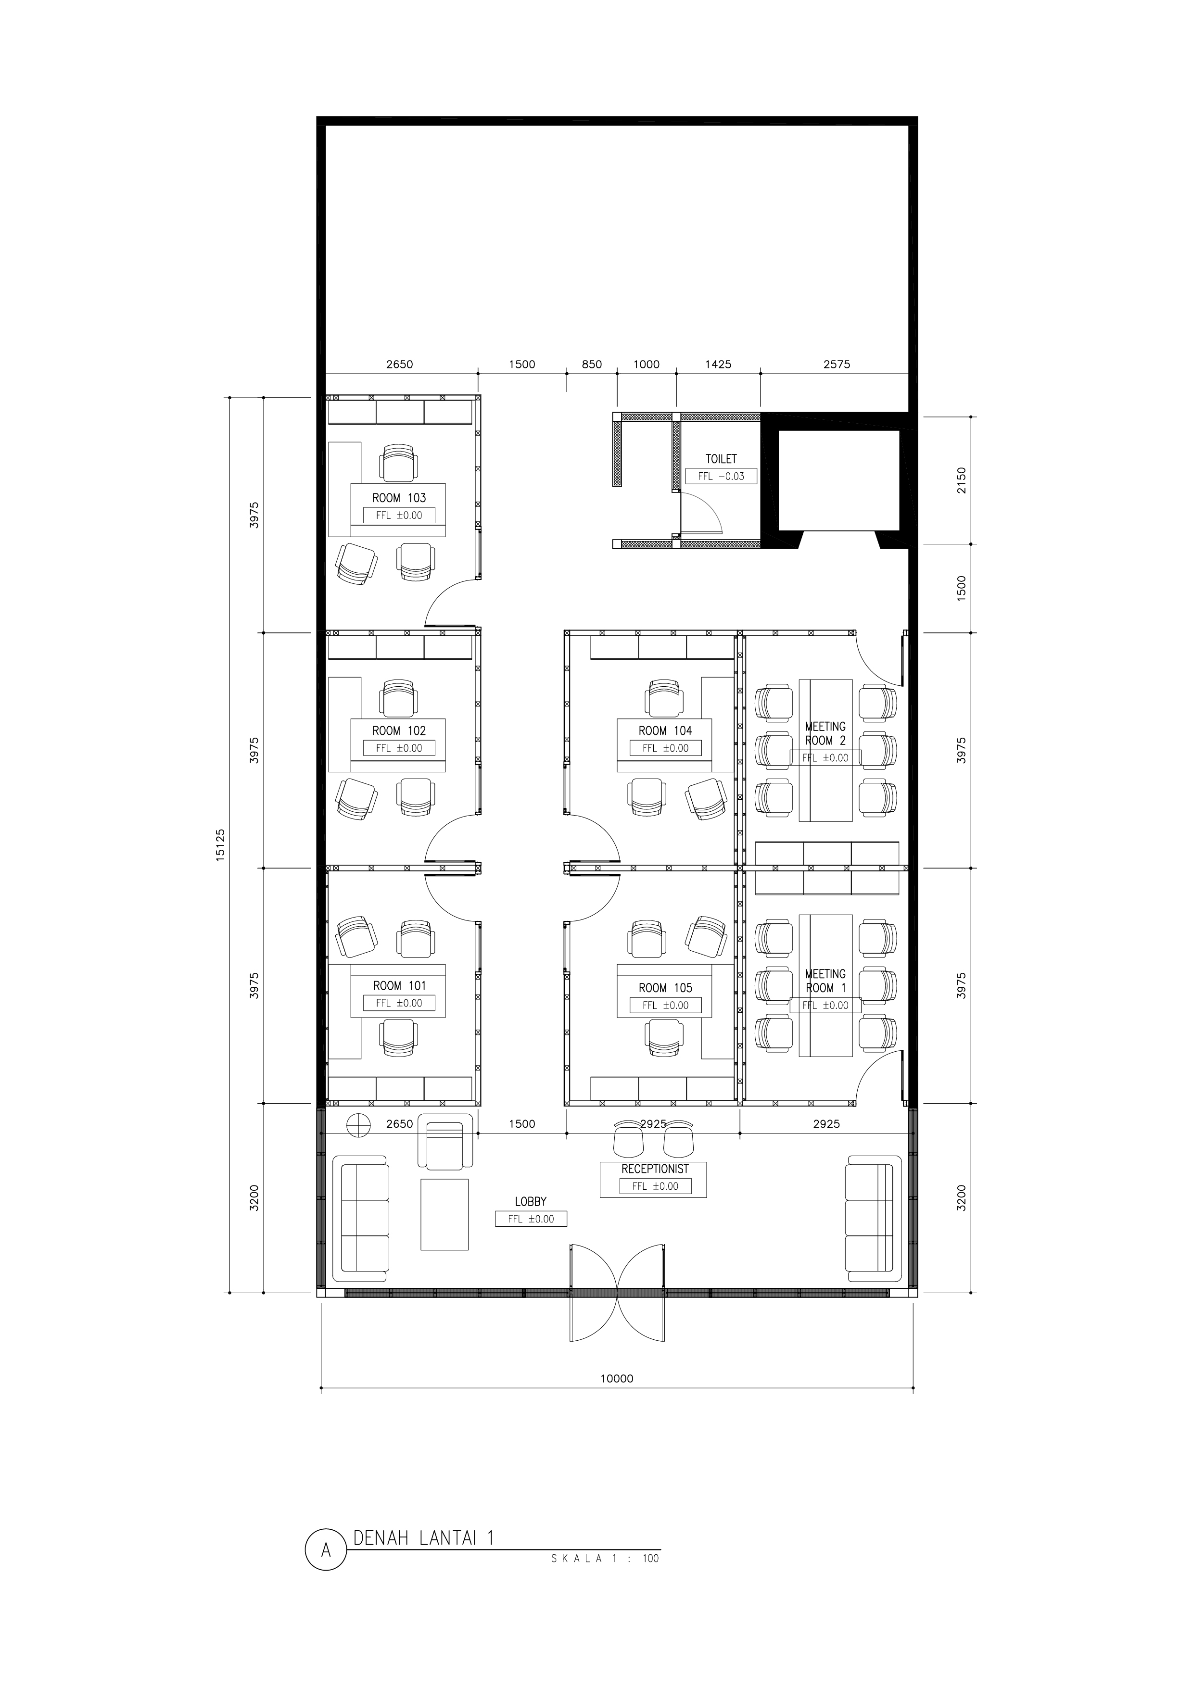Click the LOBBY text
(x=530, y=1201)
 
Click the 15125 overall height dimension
(x=220, y=845)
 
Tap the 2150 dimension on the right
(x=962, y=480)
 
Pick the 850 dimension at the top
(x=591, y=365)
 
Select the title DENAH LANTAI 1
(x=423, y=1556)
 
